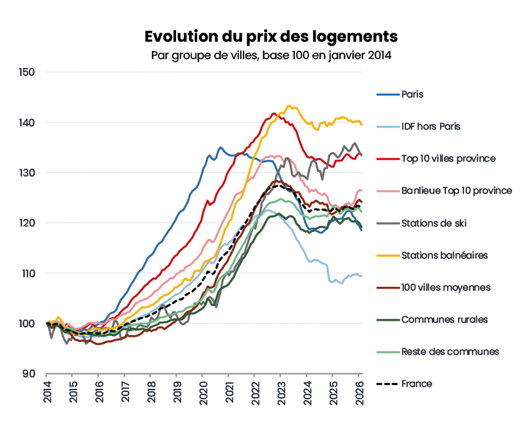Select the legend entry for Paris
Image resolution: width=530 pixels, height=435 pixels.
click(x=412, y=94)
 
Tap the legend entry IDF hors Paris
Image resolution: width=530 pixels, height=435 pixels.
click(x=430, y=126)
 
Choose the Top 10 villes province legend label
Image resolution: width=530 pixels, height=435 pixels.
click(x=448, y=158)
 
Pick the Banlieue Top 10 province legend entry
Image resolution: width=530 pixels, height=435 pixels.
click(x=456, y=191)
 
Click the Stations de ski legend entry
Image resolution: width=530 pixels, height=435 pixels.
click(x=434, y=223)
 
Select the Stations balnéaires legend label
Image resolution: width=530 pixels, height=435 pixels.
click(x=444, y=255)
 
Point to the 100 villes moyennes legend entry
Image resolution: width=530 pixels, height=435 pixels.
click(x=446, y=287)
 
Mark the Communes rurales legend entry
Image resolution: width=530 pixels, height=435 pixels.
click(x=444, y=319)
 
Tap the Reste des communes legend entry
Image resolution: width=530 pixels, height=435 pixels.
click(x=450, y=351)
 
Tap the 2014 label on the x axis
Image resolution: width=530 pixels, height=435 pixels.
click(x=48, y=393)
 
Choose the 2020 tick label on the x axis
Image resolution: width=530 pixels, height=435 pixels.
click(x=204, y=393)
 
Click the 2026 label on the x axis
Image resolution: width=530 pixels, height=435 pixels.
click(x=360, y=393)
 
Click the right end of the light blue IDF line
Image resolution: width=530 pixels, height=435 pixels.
click(x=362, y=276)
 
